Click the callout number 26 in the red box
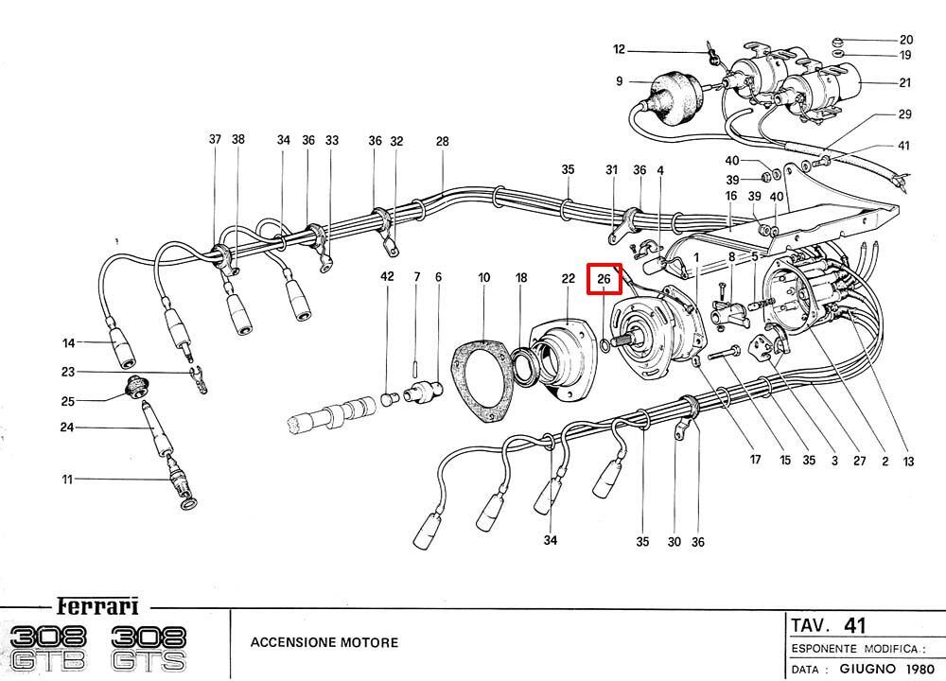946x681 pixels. (604, 279)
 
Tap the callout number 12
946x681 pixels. (620, 49)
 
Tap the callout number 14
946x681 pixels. (68, 342)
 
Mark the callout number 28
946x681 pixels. (443, 142)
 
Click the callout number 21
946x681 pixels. (905, 82)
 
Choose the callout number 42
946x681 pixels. (386, 277)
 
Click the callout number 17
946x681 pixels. (755, 461)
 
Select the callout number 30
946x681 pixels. (674, 543)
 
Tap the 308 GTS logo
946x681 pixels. (149, 648)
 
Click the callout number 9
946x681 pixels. (620, 82)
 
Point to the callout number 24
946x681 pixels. (68, 428)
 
